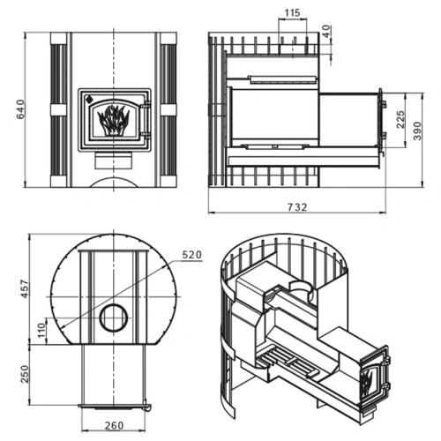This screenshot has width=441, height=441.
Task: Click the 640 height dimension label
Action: (x=20, y=109)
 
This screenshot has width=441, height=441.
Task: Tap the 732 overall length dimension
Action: (x=297, y=207)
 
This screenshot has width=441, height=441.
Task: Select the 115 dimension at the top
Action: (x=292, y=12)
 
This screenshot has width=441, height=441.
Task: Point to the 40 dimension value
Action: (x=326, y=31)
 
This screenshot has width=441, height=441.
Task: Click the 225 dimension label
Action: (x=400, y=119)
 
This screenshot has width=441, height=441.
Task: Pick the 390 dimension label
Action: (x=417, y=131)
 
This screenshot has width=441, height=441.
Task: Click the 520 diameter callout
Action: (x=192, y=255)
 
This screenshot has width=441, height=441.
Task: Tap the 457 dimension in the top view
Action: (x=26, y=289)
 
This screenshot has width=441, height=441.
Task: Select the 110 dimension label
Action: (x=42, y=330)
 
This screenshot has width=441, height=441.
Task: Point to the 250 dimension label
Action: (x=26, y=374)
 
